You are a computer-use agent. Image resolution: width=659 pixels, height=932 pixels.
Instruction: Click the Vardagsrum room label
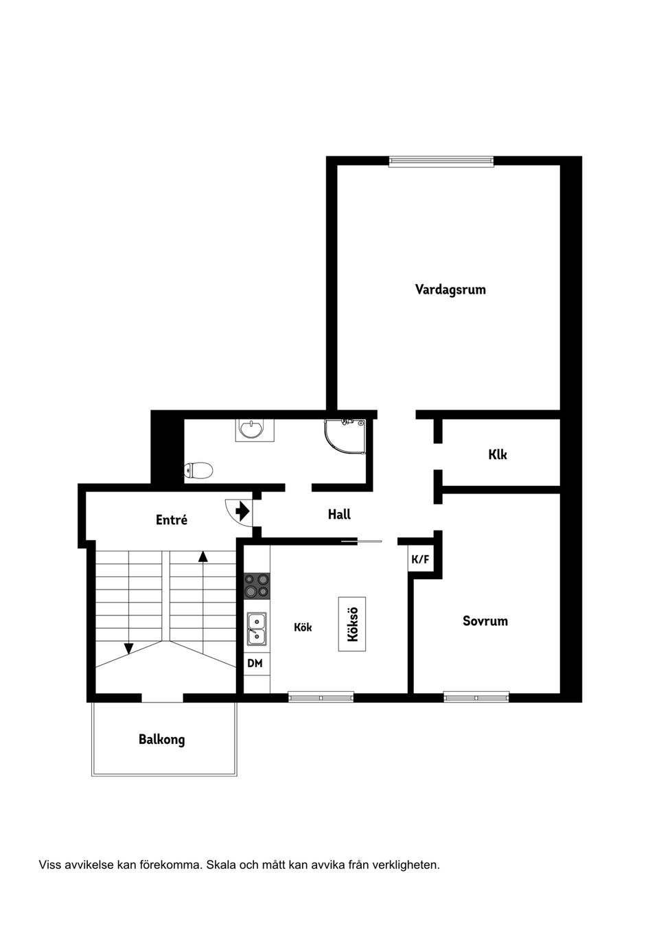[x=450, y=290]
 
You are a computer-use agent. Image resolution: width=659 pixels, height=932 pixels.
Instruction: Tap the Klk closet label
[x=498, y=454]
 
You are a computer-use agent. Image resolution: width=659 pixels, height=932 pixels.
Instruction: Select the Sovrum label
[x=485, y=621]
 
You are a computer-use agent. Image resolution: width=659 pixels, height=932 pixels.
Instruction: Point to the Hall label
[x=339, y=514]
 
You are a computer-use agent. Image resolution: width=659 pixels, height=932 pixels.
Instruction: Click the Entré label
[x=172, y=520]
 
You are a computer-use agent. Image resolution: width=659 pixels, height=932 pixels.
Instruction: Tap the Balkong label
[x=161, y=739]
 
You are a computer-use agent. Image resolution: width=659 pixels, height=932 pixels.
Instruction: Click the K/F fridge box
[x=420, y=559]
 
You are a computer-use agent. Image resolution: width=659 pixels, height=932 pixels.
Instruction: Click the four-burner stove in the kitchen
[x=257, y=586]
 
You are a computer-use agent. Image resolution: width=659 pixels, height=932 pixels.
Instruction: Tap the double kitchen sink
[x=257, y=629]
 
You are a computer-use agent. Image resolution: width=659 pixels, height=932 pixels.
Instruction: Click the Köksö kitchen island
[x=352, y=624]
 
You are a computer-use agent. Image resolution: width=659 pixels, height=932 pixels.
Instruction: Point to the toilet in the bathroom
[x=198, y=471]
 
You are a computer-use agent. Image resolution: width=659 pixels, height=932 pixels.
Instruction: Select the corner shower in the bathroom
[x=345, y=437]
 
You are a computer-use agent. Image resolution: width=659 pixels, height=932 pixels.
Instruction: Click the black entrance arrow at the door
[x=242, y=511]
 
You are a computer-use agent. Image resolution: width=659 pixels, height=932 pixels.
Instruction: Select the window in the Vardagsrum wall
[x=441, y=161]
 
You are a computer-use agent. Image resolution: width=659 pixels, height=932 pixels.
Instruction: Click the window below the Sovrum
[x=476, y=697]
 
